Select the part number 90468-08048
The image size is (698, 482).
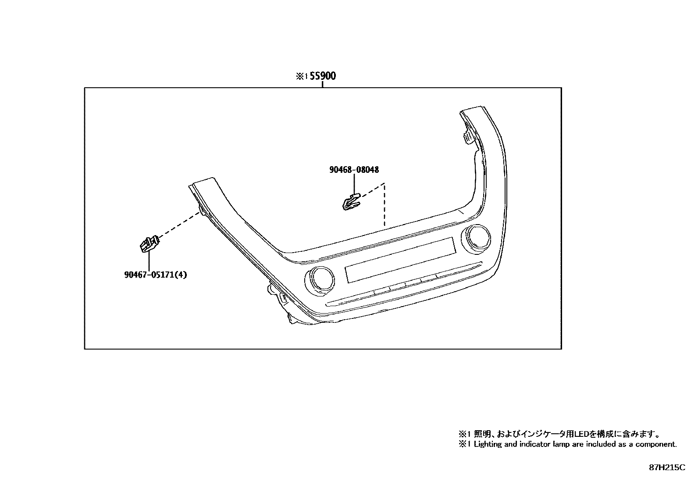pyautogui.click(x=354, y=169)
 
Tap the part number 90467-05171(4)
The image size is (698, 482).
pyautogui.click(x=155, y=275)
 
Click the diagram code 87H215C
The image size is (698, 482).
pyautogui.click(x=667, y=468)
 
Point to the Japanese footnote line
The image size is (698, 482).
pyautogui.click(x=559, y=434)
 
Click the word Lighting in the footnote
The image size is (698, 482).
pyautogui.click(x=488, y=444)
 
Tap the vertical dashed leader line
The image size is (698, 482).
pyautogui.click(x=385, y=205)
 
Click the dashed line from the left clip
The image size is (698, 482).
pyautogui.click(x=180, y=226)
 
